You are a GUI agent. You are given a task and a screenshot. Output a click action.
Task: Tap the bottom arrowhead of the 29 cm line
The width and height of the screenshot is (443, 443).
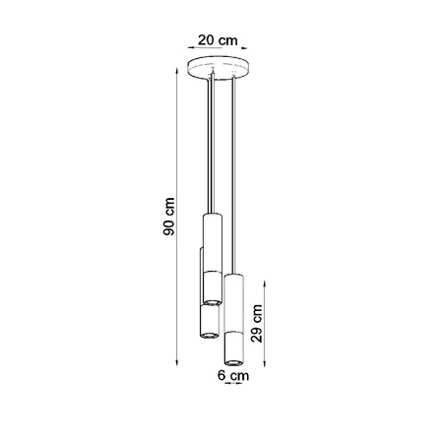[267, 362]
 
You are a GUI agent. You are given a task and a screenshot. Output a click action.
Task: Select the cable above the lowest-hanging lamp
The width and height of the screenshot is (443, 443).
[232, 177]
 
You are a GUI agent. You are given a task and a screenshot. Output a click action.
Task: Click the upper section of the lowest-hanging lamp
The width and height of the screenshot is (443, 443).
[234, 300]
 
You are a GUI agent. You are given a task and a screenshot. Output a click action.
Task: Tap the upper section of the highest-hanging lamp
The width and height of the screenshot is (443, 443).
[211, 236]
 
